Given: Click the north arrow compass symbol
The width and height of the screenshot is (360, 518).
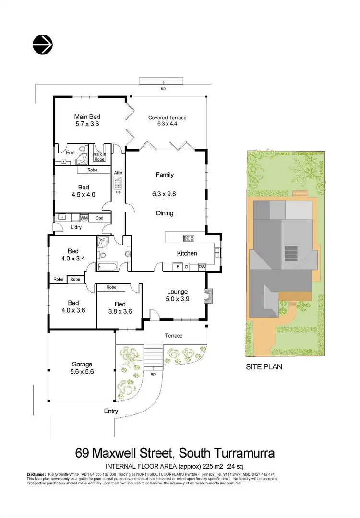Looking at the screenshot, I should pyautogui.click(x=43, y=45).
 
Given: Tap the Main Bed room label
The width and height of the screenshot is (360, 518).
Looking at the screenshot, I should pyautogui.click(x=87, y=116).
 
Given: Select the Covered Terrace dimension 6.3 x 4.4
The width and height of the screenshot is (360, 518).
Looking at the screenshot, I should pyautogui.click(x=167, y=124).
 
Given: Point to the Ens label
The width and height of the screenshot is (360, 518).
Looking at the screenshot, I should pyautogui.click(x=63, y=153).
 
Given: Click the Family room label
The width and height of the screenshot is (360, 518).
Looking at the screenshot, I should pyautogui.click(x=165, y=175).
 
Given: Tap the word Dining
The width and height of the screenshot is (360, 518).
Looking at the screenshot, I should pyautogui.click(x=165, y=213).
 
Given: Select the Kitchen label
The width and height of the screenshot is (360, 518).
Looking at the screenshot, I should pyautogui.click(x=187, y=253).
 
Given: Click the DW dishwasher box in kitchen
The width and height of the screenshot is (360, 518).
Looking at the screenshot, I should pyautogui.click(x=202, y=267).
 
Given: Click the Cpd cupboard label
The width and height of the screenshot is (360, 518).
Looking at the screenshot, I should pyautogui.click(x=99, y=218).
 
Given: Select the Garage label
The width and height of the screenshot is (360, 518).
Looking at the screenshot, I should pyautogui.click(x=82, y=364).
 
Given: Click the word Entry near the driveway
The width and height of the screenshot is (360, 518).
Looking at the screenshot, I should pyautogui.click(x=111, y=412).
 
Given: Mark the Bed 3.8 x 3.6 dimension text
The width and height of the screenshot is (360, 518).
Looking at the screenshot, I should pyautogui.click(x=120, y=311).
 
